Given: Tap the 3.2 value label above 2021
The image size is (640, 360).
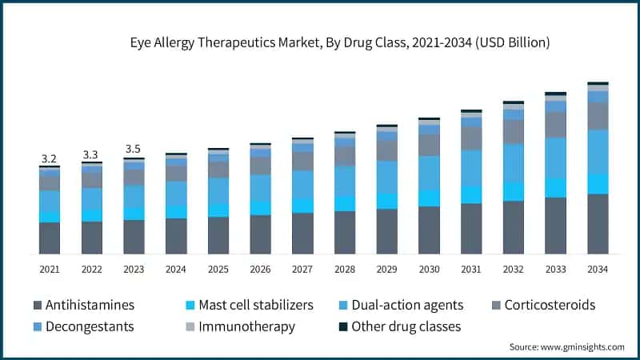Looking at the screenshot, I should tap(50, 158).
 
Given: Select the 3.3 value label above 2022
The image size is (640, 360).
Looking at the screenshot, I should tap(91, 154).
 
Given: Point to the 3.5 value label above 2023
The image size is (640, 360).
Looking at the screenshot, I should tap(134, 149).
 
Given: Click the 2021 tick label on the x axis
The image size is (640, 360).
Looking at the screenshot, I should tap(50, 270).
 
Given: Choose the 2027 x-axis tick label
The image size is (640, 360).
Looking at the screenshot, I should tap(302, 270).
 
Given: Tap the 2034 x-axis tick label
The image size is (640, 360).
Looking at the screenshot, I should tap(598, 270).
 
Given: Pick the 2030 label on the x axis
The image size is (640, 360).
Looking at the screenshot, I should tap(429, 270).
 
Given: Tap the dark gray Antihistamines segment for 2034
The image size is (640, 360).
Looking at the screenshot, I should tap(598, 224).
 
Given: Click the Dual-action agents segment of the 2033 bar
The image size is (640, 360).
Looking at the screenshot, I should tap(555, 158).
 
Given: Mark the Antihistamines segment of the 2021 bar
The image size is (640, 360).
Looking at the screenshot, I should tap(50, 238).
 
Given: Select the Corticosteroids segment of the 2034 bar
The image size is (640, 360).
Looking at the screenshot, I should tap(598, 117).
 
